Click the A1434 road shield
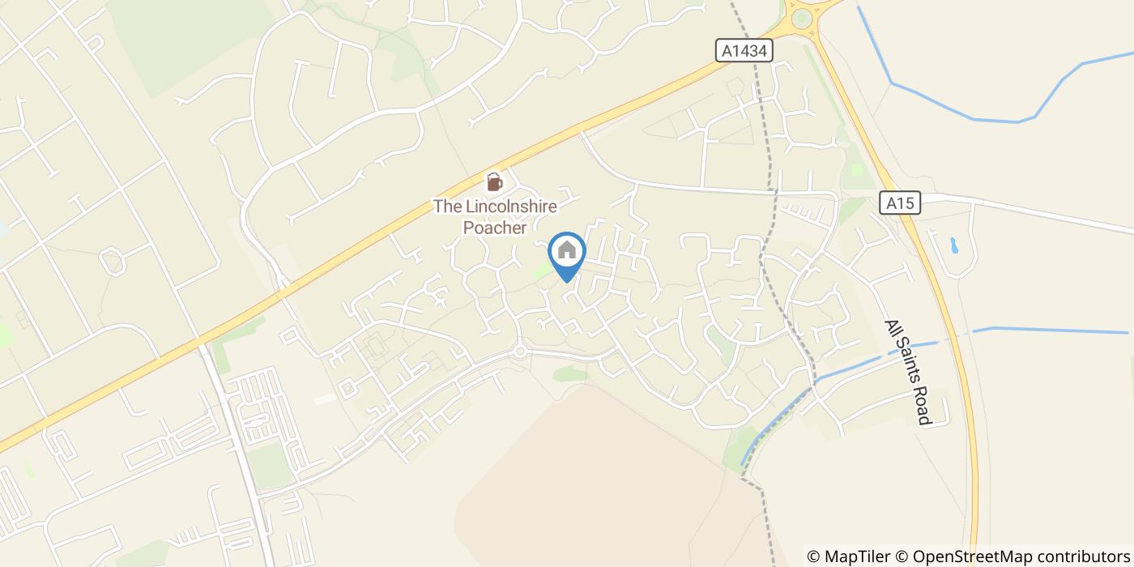(x=744, y=51)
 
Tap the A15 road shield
(x=900, y=202)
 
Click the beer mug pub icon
(x=494, y=181)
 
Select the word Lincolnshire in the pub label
(x=510, y=207)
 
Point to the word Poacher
(x=495, y=228)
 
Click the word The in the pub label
(x=447, y=207)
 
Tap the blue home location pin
(x=567, y=253)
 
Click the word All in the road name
(x=893, y=330)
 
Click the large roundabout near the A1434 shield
(x=804, y=17)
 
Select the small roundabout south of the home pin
(x=520, y=351)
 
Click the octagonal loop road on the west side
(x=112, y=262)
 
